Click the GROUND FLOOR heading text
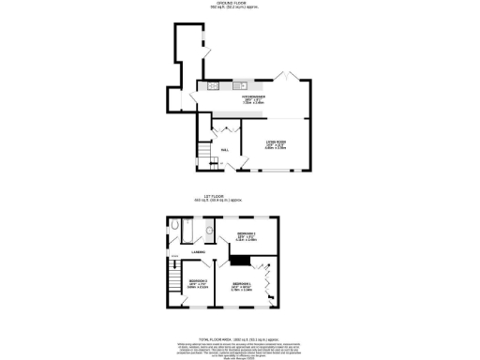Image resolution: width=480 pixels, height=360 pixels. [240, 6]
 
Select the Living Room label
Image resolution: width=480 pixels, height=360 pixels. [275, 143]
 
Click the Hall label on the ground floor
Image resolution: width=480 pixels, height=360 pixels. [226, 149]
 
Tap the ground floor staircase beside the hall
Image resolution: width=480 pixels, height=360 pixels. [203, 150]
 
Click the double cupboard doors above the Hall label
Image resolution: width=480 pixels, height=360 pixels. [224, 128]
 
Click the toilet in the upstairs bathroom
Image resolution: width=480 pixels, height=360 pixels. [176, 226]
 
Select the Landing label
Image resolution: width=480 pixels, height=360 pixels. [199, 252]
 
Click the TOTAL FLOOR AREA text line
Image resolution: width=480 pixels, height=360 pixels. [240, 338]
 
